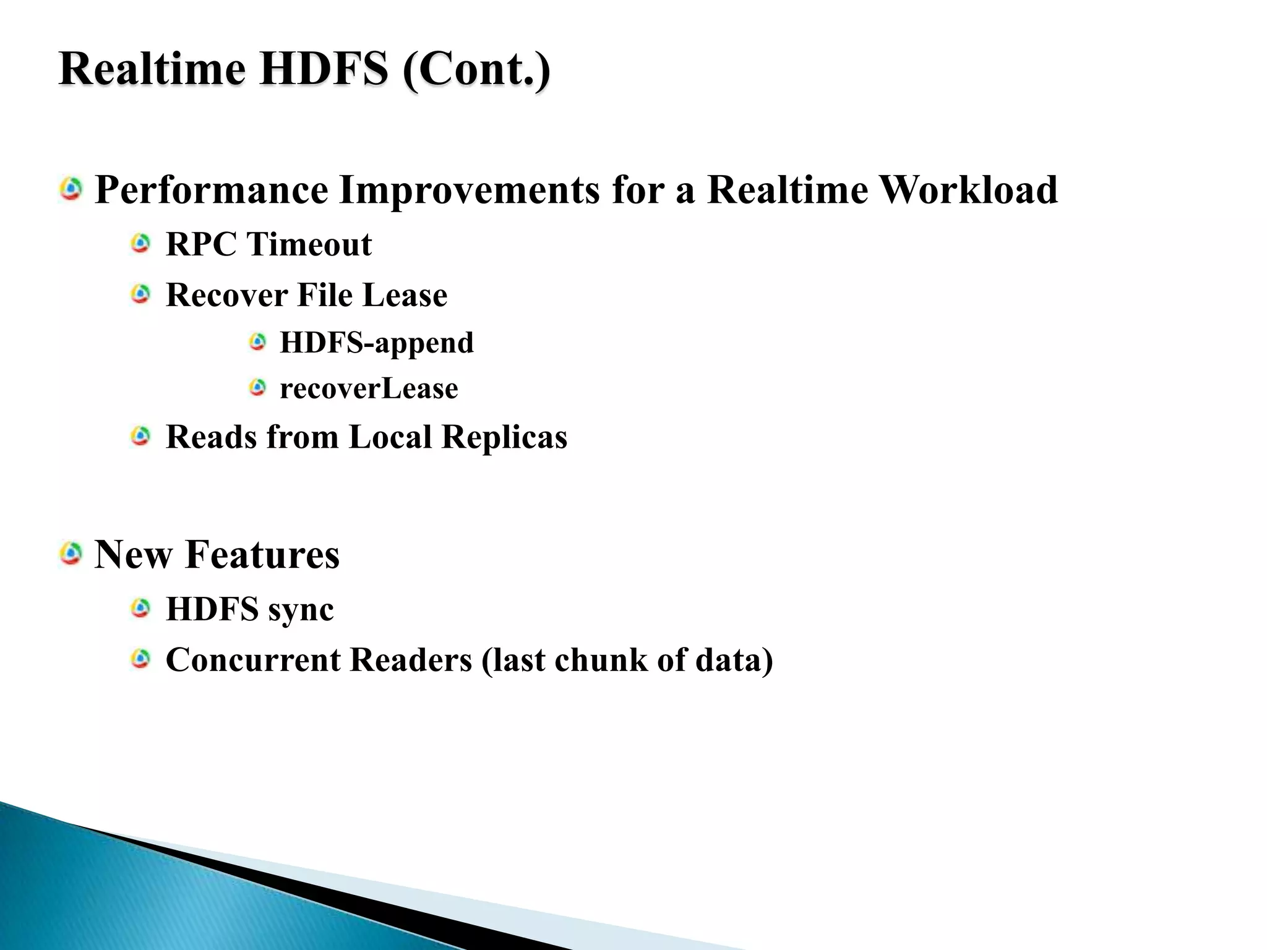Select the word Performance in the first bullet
(x=211, y=189)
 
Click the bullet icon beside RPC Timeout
(x=141, y=243)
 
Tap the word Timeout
(x=309, y=244)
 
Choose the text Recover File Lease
(x=306, y=294)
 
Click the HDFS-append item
(x=376, y=342)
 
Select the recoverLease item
(x=369, y=388)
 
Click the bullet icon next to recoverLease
(x=257, y=388)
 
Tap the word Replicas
(x=504, y=437)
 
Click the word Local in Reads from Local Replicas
(x=390, y=437)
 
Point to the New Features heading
(x=217, y=554)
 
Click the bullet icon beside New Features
(x=71, y=552)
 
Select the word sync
(x=301, y=609)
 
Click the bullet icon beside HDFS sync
(x=141, y=609)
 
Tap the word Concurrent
(x=253, y=659)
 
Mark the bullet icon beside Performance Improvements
(x=71, y=189)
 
